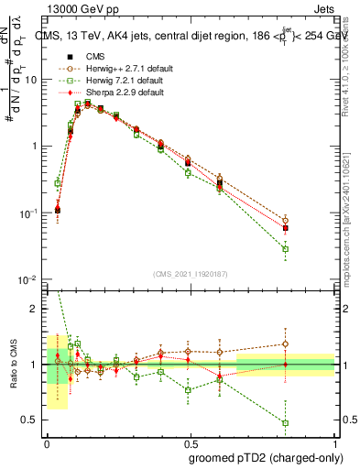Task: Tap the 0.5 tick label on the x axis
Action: (x=191, y=442)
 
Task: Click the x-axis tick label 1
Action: (x=334, y=442)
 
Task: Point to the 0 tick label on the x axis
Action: (x=47, y=442)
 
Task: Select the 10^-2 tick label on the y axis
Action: (x=27, y=279)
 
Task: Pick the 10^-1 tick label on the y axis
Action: (x=27, y=213)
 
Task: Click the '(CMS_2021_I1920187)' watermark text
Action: (x=191, y=272)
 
